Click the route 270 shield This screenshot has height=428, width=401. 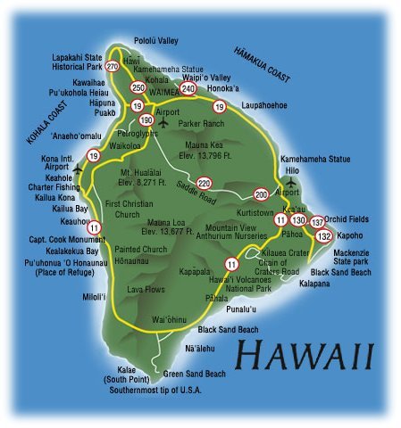pyautogui.click(x=113, y=67)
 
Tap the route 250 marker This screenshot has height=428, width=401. pyautogui.click(x=138, y=87)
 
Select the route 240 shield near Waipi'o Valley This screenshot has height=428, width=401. pyautogui.click(x=188, y=88)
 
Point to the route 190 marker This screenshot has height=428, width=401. pyautogui.click(x=146, y=119)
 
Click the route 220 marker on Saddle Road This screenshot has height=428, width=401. pyautogui.click(x=205, y=183)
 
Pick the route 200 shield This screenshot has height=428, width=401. pyautogui.click(x=261, y=193)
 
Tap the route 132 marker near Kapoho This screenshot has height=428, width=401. pyautogui.click(x=324, y=235)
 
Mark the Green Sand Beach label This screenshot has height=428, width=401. pyautogui.click(x=194, y=374)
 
